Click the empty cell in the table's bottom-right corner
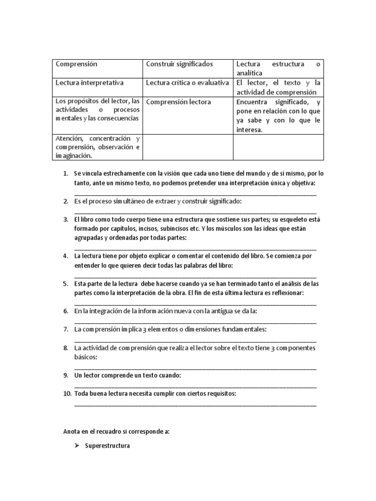278,147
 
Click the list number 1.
66,174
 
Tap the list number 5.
66,284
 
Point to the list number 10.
67,394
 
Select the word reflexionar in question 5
287,293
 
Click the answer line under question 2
195,211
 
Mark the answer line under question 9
195,386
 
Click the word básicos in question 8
85,357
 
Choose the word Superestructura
107,446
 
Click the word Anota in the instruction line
72,432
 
